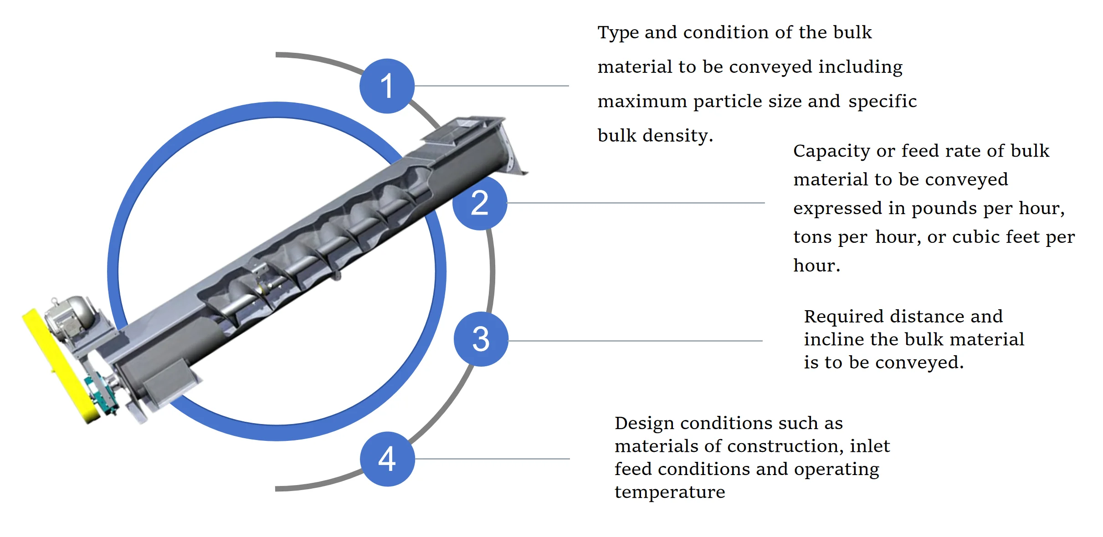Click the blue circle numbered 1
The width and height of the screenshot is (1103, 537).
click(x=387, y=86)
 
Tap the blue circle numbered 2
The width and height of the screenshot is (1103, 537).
click(x=480, y=203)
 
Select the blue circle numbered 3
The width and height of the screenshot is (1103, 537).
click(x=481, y=339)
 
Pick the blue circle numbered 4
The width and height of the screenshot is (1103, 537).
click(x=387, y=459)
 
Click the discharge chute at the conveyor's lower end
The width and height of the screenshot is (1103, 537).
click(x=169, y=380)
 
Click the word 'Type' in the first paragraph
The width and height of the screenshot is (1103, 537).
click(x=618, y=33)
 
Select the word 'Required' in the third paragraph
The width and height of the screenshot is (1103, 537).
click(x=842, y=317)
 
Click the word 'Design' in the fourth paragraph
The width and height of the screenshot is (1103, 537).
click(x=644, y=424)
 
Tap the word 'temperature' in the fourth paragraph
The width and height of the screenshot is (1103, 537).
click(x=670, y=492)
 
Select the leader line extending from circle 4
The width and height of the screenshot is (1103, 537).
click(x=492, y=459)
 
